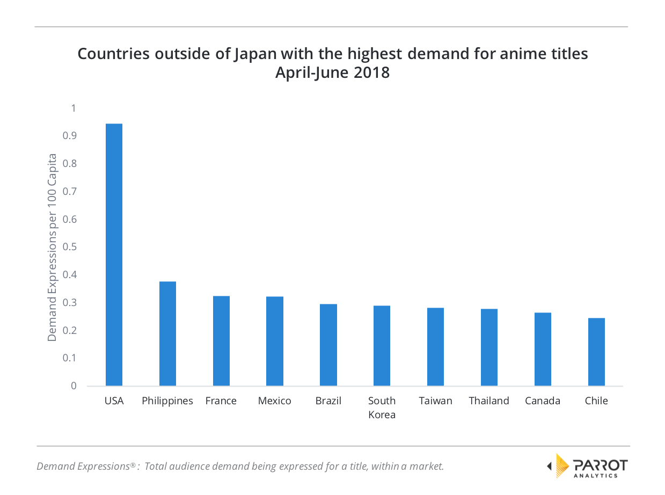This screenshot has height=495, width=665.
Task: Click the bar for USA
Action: (114, 254)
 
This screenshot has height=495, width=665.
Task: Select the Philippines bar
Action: (167, 333)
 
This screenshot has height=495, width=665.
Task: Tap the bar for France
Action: (221, 341)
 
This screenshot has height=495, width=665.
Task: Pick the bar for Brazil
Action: (328, 345)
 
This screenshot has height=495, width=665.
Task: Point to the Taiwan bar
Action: (435, 347)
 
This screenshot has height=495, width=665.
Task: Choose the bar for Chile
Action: (596, 352)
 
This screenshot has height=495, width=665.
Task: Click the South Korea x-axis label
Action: (382, 407)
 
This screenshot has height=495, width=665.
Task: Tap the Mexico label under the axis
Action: (274, 401)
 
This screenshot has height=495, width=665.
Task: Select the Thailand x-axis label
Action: (489, 401)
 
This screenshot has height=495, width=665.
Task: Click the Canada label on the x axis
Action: (543, 401)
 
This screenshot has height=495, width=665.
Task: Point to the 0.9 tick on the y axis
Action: (70, 136)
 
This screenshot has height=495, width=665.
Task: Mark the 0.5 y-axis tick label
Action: (70, 247)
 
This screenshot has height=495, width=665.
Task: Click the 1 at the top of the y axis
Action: (74, 108)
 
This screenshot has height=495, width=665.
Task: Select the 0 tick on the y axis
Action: (74, 386)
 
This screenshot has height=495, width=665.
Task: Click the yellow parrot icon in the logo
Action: (561, 465)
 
